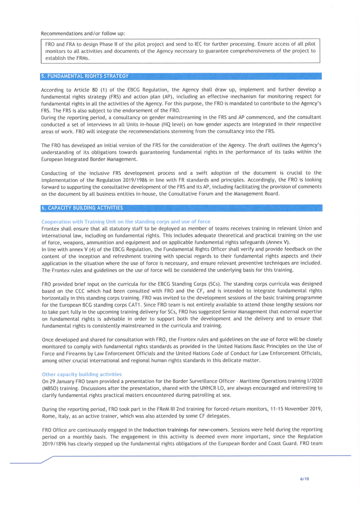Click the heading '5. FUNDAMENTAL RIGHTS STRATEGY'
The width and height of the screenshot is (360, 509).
(85, 76)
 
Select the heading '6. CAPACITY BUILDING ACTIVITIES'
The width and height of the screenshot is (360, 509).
(82, 208)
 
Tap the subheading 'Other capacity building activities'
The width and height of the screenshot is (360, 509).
(82, 374)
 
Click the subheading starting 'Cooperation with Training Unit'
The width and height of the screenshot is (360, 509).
(125, 222)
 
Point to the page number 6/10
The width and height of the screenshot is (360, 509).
(304, 479)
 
